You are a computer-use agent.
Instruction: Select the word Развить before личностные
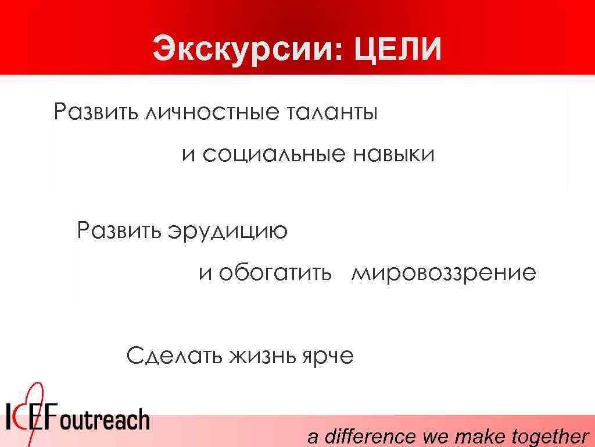coord(93,111)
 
